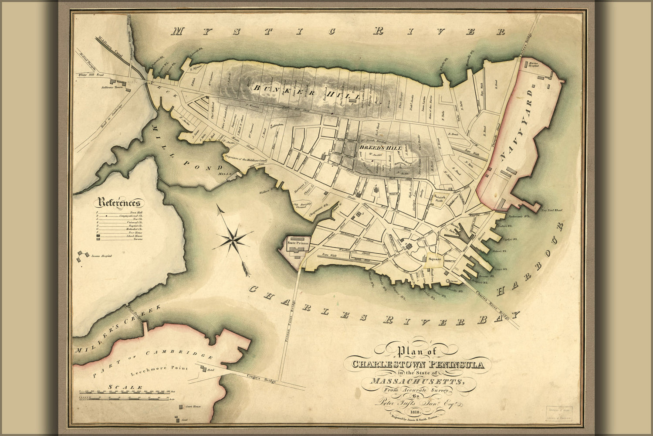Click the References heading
pyautogui.click(x=120, y=203)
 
